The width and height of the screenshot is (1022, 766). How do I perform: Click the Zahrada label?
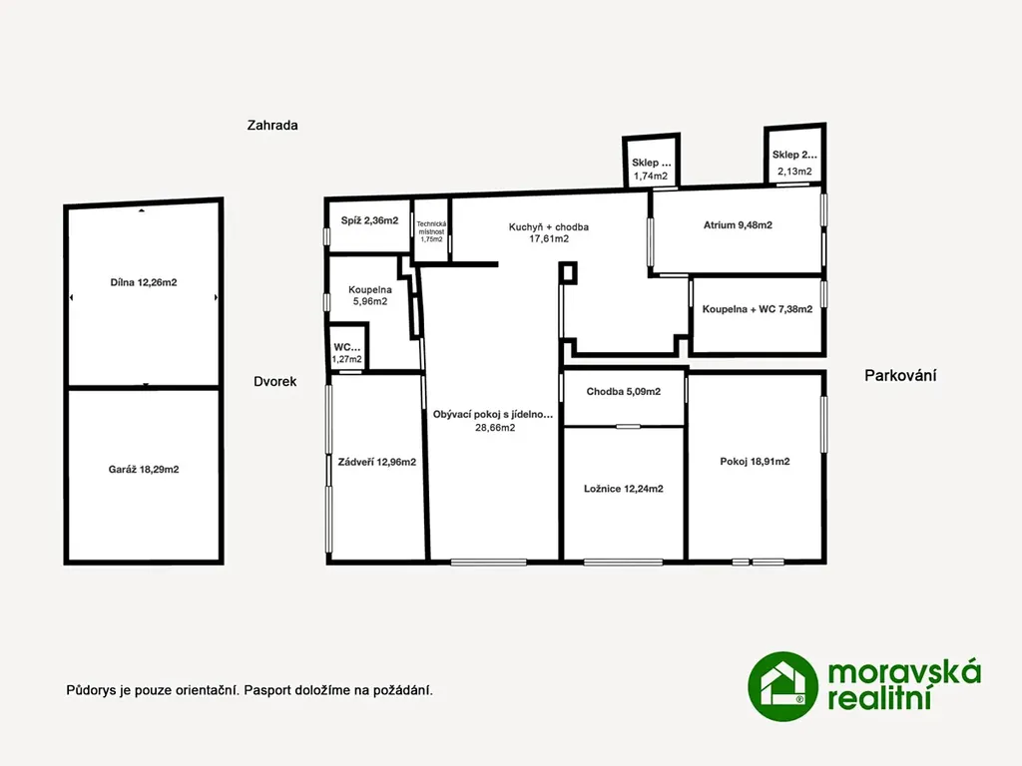click(272, 125)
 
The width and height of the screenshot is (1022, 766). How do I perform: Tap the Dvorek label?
click(275, 382)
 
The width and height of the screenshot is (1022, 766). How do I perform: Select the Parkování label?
click(900, 375)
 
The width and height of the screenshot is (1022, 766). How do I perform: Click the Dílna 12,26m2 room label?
click(144, 282)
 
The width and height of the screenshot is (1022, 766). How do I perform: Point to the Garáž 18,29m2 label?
click(144, 469)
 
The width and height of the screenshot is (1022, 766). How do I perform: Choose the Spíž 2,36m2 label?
click(369, 220)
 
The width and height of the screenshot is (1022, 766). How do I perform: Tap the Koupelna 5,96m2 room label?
click(370, 295)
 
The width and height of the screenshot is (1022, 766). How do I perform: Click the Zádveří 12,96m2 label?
click(376, 462)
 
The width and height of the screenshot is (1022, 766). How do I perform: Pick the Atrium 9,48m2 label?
click(738, 225)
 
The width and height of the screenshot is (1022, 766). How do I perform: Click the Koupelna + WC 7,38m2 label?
click(758, 309)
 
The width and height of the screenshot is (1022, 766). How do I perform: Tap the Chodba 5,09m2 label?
click(624, 391)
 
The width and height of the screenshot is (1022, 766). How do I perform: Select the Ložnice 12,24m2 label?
click(624, 489)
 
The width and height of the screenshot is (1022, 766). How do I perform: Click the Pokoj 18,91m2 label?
click(755, 461)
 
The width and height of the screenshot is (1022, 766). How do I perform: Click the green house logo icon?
click(782, 686)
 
